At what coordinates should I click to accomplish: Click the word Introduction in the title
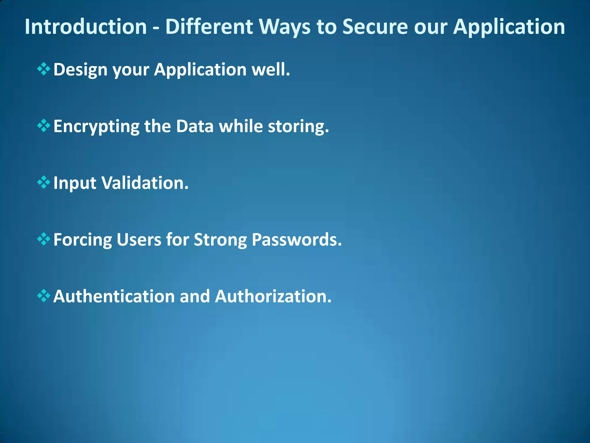click(86, 27)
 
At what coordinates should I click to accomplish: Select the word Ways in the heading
click(285, 27)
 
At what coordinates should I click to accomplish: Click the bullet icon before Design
click(44, 69)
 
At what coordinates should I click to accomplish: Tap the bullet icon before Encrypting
click(44, 126)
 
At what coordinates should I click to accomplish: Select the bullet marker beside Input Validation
click(44, 183)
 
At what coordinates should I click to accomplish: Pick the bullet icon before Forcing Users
click(44, 239)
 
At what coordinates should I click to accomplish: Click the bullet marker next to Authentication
click(44, 296)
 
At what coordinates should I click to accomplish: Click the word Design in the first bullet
click(80, 70)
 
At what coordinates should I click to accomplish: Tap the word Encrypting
click(96, 127)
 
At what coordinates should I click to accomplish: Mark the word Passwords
click(296, 240)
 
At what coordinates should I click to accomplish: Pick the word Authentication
click(114, 296)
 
